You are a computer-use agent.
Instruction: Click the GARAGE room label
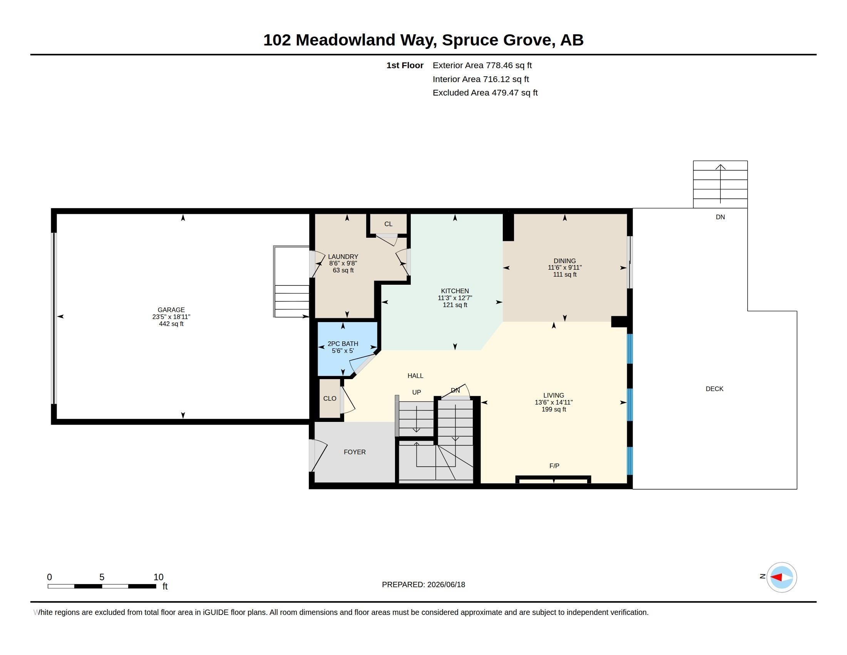click(171, 310)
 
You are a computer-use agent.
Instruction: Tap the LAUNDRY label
click(343, 257)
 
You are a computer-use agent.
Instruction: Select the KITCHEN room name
click(455, 291)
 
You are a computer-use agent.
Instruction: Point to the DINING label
click(565, 261)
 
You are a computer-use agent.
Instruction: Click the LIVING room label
click(553, 395)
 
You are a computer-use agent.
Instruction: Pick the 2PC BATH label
click(343, 344)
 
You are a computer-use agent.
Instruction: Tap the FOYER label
click(355, 452)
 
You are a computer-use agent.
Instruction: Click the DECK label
click(714, 389)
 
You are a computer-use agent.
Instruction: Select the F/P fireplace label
click(554, 466)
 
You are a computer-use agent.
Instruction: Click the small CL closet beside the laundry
click(388, 224)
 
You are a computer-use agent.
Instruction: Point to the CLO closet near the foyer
click(330, 398)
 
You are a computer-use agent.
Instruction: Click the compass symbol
click(782, 577)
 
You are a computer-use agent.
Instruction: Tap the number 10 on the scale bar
click(158, 577)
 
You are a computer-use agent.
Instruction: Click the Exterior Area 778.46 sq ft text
click(482, 65)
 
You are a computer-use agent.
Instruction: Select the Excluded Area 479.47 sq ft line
click(485, 92)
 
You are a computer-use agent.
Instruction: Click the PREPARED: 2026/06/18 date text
click(423, 584)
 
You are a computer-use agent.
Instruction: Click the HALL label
click(415, 376)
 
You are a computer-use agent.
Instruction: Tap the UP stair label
click(417, 392)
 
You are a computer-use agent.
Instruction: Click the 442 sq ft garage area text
click(171, 324)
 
